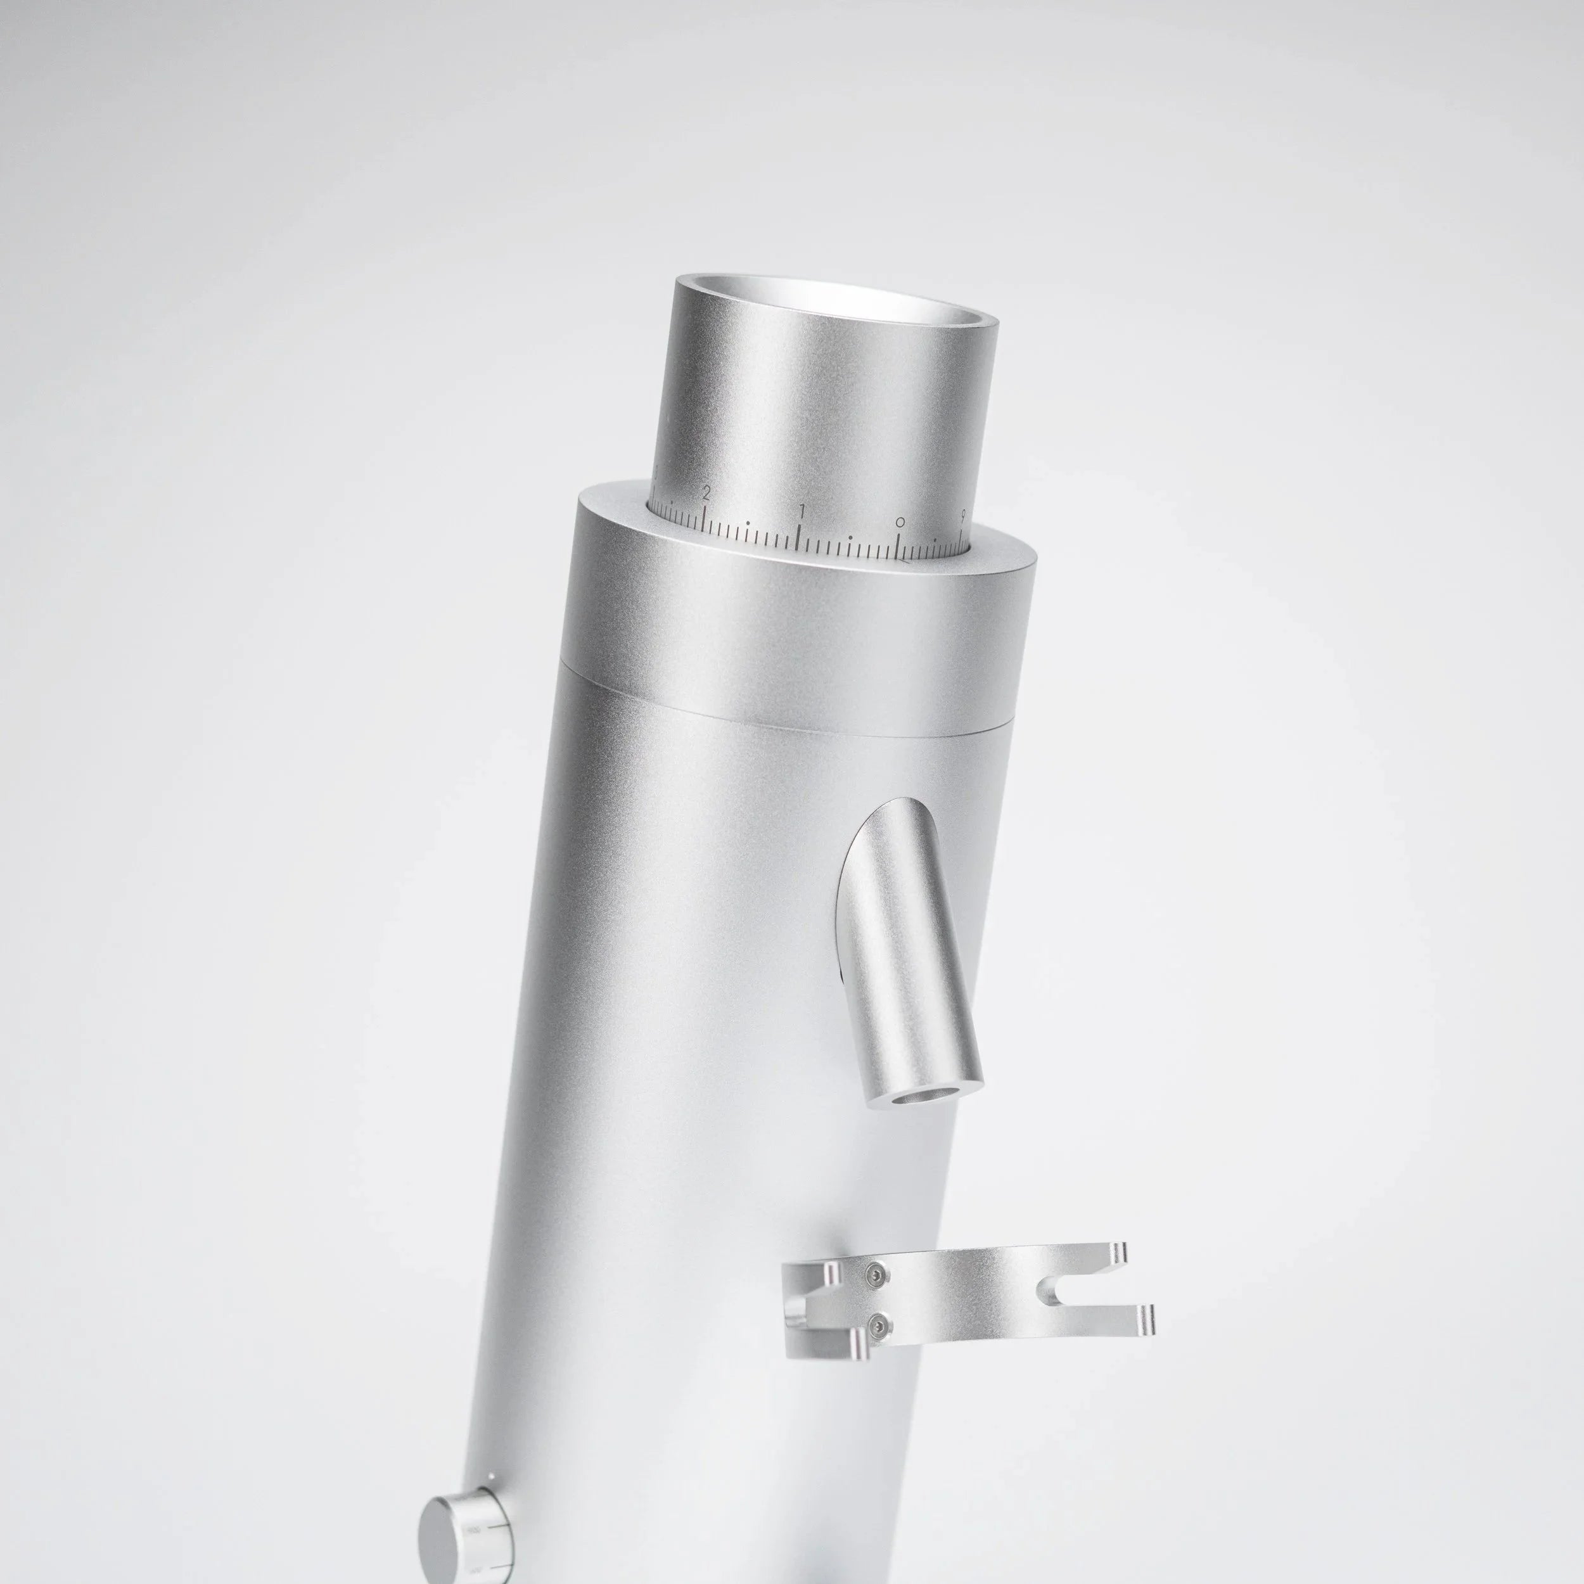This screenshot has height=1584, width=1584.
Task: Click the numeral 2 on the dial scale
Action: pyautogui.click(x=705, y=493)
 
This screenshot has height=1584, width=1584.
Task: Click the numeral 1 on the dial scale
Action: pyautogui.click(x=802, y=511)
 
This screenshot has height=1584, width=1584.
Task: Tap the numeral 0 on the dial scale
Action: pyautogui.click(x=900, y=521)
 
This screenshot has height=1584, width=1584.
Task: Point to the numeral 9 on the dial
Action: pyautogui.click(x=962, y=516)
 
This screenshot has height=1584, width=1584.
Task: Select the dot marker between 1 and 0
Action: pyautogui.click(x=850, y=539)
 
